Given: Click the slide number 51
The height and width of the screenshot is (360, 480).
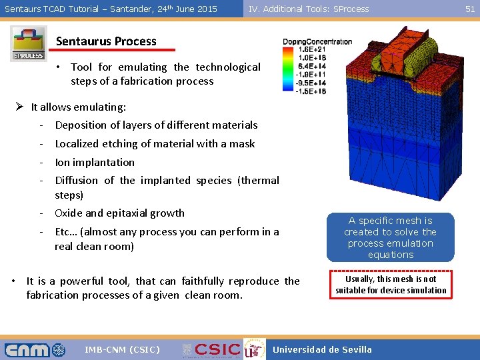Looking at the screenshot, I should point(470,9).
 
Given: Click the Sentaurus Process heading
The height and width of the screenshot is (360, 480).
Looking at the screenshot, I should point(106,41).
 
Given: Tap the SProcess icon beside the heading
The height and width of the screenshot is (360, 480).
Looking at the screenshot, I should point(29,44).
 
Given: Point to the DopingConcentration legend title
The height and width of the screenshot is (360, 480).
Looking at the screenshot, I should point(317,42).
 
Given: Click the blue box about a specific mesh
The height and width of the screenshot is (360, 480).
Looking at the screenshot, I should point(390,237).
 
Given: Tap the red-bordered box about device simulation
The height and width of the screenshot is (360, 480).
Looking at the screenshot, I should point(391,285).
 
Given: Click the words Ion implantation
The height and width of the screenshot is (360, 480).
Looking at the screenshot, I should point(95,162).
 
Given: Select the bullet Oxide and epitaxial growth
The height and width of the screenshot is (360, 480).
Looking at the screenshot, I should point(119,213).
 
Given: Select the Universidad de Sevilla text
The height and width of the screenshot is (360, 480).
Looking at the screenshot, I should point(323,350).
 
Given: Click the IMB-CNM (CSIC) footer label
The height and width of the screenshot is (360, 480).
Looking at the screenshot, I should point(123,350).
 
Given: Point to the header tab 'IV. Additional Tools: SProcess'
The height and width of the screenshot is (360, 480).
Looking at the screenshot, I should point(308,9).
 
